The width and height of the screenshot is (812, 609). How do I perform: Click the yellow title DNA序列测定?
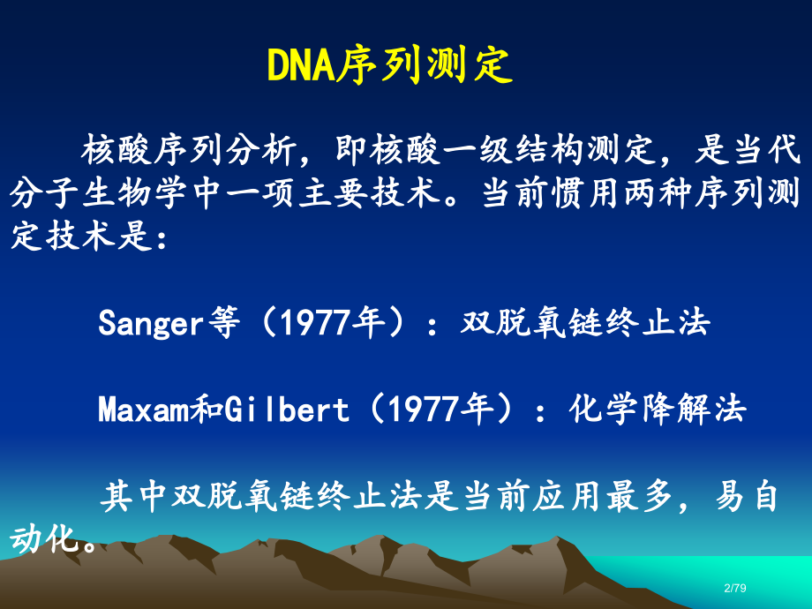pos(389,65)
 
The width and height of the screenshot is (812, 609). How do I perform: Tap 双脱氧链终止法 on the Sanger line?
pos(585,324)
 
